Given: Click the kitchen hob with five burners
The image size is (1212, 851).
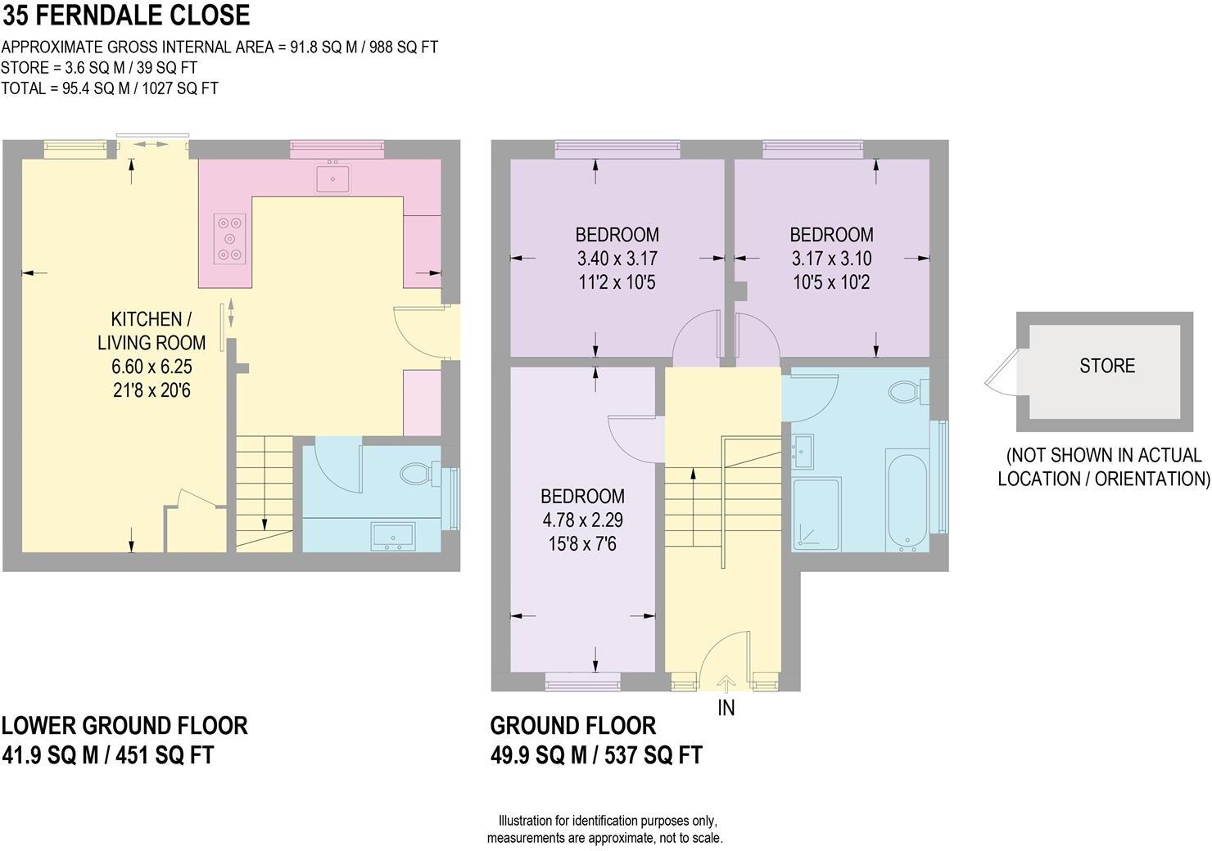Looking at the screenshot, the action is tap(230, 238).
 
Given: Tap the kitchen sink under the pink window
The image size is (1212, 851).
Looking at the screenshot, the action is tap(332, 178).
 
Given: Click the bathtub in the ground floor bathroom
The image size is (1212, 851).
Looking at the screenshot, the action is tap(907, 502).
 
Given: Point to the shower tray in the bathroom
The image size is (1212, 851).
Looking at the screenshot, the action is tap(816, 515).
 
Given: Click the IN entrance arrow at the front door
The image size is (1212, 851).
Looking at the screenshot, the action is tap(726, 683).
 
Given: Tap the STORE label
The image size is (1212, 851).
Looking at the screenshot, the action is tap(1107, 366).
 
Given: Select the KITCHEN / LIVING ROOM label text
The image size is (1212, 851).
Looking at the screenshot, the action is tap(151, 331).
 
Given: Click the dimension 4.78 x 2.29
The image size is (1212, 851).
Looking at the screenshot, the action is tap(583, 520).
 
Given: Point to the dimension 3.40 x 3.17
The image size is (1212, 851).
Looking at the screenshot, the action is tap(617, 259).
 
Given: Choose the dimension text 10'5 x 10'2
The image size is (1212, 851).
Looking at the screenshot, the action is tap(832, 282).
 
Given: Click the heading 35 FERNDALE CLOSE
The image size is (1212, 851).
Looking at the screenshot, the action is tap(126, 16).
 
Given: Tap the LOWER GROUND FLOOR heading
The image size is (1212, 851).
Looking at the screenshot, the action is tap(124, 725).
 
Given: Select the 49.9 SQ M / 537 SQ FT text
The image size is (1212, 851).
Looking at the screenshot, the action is tap(596, 754).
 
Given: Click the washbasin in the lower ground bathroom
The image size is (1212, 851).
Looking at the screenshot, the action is tap(393, 537).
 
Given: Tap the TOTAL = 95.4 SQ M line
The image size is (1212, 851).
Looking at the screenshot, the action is tap(109, 88).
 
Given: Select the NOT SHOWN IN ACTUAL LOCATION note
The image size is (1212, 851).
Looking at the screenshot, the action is tap(1104, 467).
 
